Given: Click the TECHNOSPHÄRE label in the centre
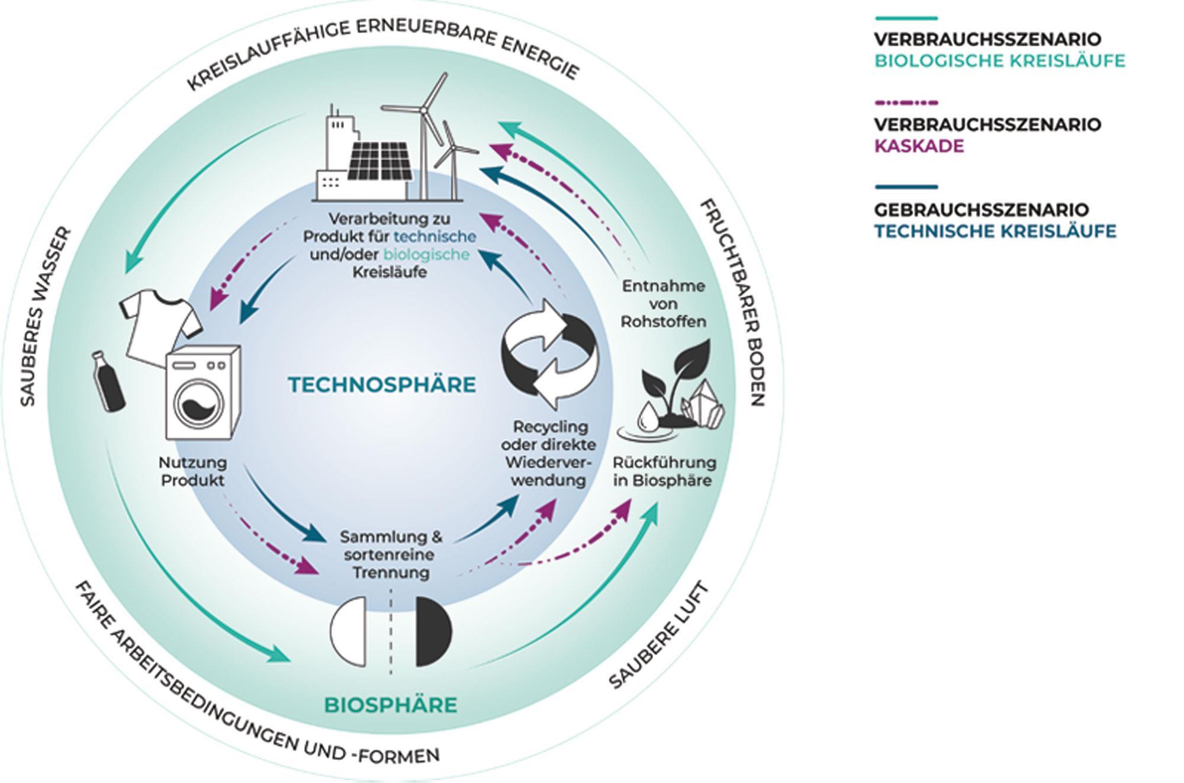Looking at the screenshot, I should [x=382, y=385].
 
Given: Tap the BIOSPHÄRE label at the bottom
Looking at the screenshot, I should [x=391, y=705].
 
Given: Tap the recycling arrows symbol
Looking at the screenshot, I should [x=550, y=354].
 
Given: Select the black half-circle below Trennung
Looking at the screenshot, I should [x=434, y=631].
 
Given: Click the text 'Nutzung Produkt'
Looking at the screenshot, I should [x=193, y=471].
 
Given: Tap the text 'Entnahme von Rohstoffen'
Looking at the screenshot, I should [x=664, y=304].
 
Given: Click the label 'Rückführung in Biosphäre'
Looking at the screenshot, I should [x=664, y=471].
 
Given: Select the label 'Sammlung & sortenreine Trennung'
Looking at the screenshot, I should [x=391, y=555].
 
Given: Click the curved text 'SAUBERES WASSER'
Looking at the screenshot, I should [x=46, y=317].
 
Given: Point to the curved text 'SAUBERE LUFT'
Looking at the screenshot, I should [x=659, y=637].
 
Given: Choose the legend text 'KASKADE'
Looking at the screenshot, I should [x=919, y=146].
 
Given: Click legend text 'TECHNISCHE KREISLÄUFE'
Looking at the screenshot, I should [x=995, y=231].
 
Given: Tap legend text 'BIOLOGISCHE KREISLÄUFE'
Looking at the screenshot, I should [x=999, y=61].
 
